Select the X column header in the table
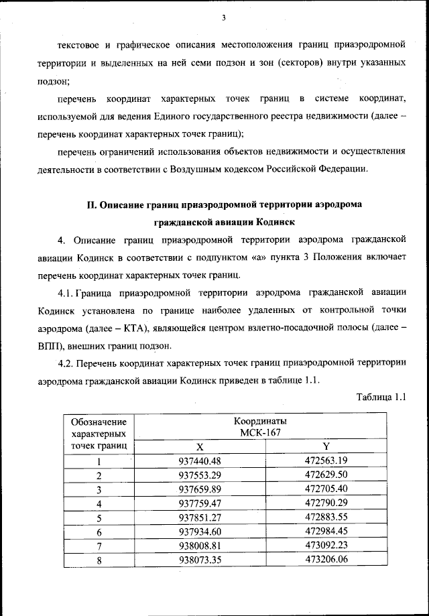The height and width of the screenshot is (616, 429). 199,446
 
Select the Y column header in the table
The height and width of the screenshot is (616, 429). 326,446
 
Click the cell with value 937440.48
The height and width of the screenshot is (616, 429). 200,460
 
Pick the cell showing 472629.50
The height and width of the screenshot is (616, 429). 326,475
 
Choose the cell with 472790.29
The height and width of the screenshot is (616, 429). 326,503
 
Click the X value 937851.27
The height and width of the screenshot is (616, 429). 200,517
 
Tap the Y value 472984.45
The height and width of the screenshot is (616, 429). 326,532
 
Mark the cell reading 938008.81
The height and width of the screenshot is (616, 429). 200,546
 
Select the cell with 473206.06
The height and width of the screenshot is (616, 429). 326,560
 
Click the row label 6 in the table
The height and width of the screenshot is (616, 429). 99,532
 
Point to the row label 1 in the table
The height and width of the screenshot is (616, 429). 99,460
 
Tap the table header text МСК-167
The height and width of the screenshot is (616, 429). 259,432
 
